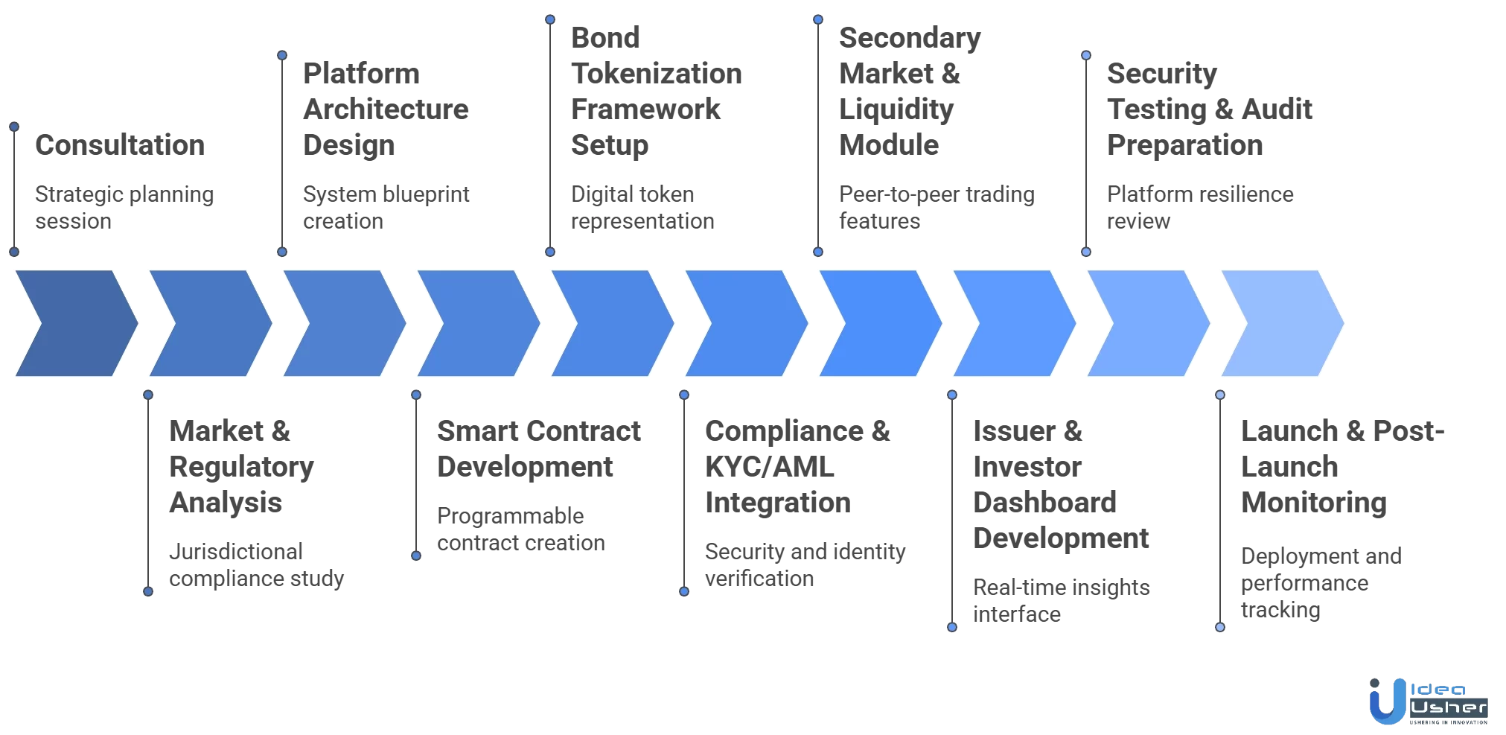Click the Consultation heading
tap(119, 145)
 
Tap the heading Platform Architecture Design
tap(386, 109)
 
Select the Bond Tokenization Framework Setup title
tap(656, 92)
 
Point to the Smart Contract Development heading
tap(538, 449)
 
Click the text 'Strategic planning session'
tap(124, 208)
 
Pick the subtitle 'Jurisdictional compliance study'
tap(256, 565)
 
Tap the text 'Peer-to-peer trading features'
tap(936, 208)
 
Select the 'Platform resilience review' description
tap(1199, 208)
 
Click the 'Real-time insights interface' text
tap(1061, 601)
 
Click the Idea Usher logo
tap(1427, 701)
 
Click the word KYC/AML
tap(769, 467)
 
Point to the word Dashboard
tap(1044, 503)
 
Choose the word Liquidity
tap(896, 109)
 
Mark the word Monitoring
tap(1313, 503)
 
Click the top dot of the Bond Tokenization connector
tap(550, 19)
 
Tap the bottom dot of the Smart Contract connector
tap(416, 556)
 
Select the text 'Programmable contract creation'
tap(520, 529)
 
